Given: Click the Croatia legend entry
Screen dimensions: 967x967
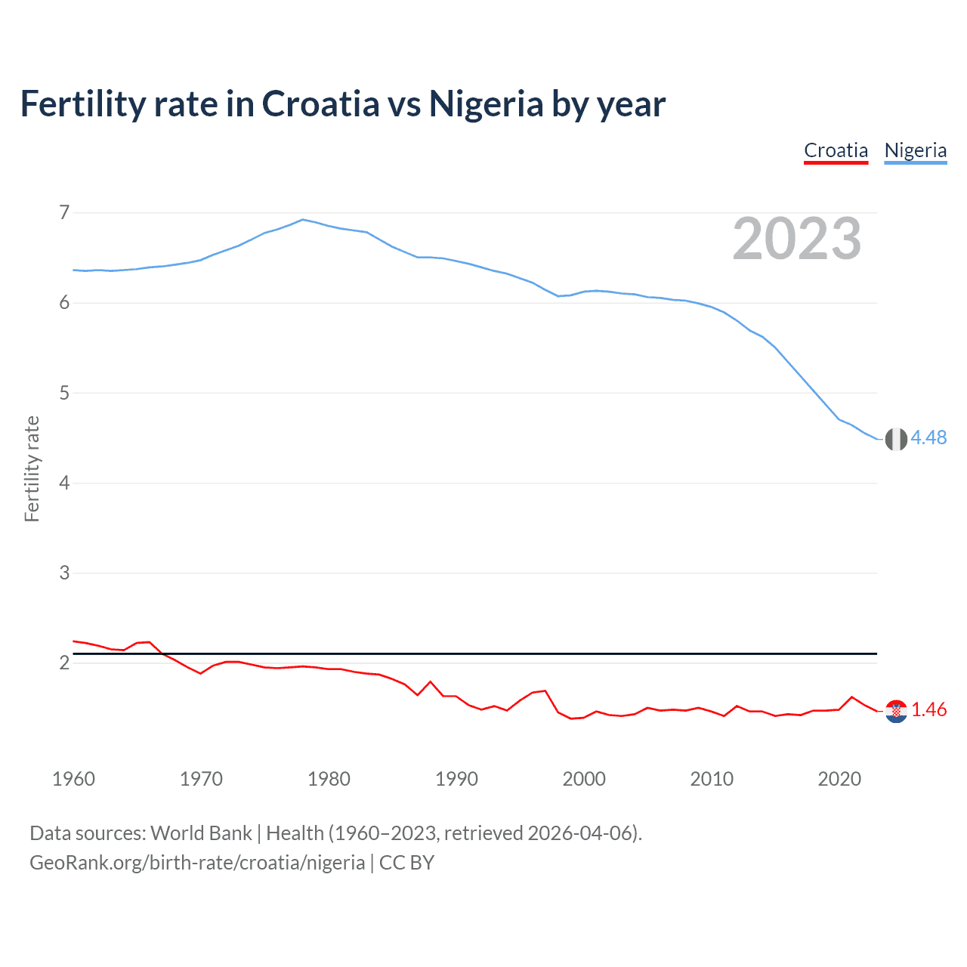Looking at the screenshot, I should (836, 150).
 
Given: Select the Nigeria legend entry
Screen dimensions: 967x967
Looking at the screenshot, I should (915, 150).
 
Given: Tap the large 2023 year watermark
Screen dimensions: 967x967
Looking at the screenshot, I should (796, 239).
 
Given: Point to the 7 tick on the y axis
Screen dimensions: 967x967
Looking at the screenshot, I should (64, 212).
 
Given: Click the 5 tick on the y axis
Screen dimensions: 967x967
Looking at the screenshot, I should (64, 393).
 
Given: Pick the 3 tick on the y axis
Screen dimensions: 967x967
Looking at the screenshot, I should (64, 573).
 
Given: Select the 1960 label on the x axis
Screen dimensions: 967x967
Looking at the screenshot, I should (73, 779).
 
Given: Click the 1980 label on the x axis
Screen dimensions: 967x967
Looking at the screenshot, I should (329, 779).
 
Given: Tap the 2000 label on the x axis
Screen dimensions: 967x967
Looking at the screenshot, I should (584, 779).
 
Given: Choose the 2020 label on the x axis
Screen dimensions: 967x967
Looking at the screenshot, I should (839, 779).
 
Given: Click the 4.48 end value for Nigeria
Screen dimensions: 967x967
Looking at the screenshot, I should (928, 438).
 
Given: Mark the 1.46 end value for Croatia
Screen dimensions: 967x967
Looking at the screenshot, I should (928, 710).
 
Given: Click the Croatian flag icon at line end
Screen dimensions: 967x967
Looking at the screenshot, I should (896, 711).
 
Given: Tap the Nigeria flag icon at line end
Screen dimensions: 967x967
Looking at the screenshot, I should (896, 439).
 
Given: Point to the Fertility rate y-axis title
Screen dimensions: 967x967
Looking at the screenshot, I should (32, 468).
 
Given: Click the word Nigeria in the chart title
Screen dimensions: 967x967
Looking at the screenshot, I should (486, 103).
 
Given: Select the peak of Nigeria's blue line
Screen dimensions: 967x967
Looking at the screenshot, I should (303, 220).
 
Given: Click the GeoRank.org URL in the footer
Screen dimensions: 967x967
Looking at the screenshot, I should (197, 863).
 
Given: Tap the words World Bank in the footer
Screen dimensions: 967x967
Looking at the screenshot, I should (201, 833).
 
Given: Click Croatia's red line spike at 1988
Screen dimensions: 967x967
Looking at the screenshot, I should (431, 682).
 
